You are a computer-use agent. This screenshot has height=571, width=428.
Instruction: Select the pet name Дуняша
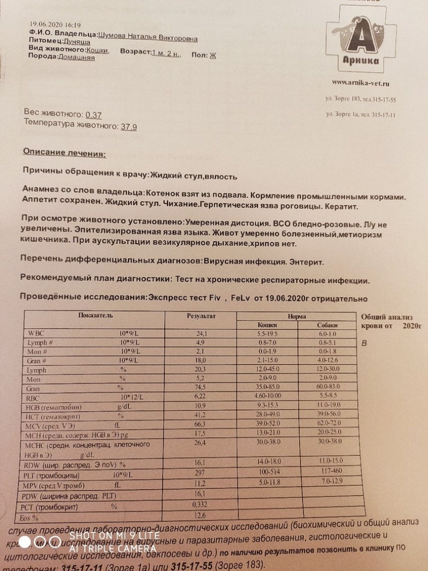tap(77, 41)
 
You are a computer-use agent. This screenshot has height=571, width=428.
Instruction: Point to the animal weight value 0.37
tap(94, 115)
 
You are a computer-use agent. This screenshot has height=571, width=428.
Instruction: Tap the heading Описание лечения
tap(64, 153)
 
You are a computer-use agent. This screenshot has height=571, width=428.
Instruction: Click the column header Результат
tap(201, 317)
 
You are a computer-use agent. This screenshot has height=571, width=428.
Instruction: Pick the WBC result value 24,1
tap(201, 334)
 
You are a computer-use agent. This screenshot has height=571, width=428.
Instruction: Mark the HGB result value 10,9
tap(202, 407)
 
